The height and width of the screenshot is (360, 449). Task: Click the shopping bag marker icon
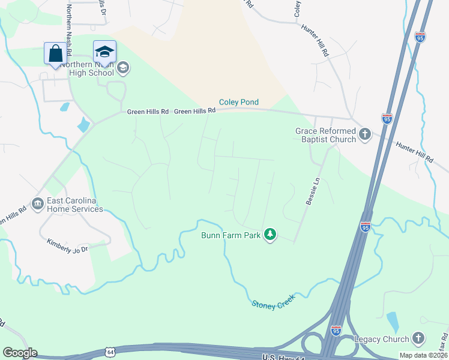[x=55, y=53]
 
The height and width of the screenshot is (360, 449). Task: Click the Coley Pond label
[x=238, y=103]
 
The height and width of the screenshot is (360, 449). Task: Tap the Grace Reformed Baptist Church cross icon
[x=365, y=135]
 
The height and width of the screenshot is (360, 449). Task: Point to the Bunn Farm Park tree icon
[x=270, y=235]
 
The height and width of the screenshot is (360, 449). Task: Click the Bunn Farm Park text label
[x=231, y=235]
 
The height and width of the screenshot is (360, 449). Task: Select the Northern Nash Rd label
[x=69, y=27]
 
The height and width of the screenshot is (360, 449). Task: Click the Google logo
[x=20, y=353]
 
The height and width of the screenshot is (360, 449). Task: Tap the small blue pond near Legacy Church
[x=393, y=322]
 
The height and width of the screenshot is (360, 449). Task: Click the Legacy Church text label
[x=381, y=339]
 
